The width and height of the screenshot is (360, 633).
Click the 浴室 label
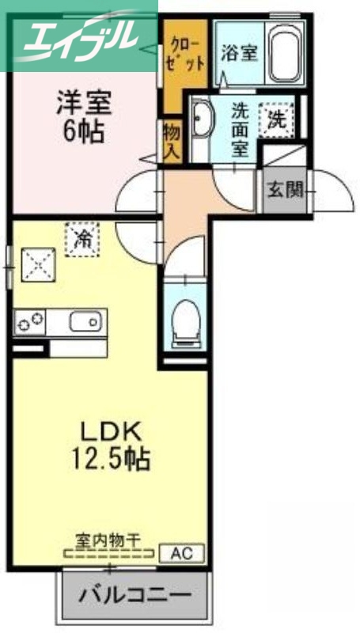point(239,54)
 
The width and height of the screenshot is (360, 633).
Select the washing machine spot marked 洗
point(277,120)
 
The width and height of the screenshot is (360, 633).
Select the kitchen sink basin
point(85,322)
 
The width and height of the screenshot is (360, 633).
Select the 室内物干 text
point(108,541)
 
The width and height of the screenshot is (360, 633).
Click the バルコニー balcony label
point(134,594)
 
